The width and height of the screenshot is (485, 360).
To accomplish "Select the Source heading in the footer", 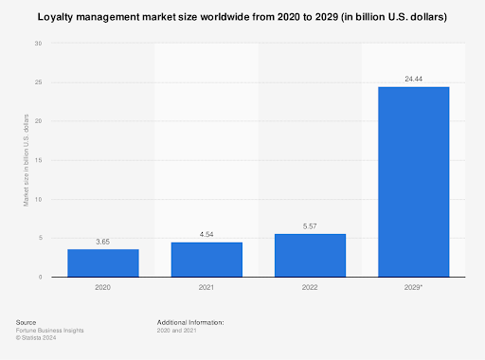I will pos(27,322).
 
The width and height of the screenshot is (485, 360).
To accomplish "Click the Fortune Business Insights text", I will pos(48,330).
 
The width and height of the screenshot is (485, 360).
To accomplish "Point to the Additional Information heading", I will pos(190,322).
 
